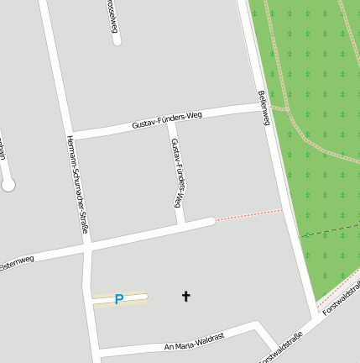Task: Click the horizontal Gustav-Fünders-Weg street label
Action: [167, 120]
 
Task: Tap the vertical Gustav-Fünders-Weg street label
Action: [176, 173]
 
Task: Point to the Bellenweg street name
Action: [263, 108]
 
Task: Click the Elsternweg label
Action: [16, 262]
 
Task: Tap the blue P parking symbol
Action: [118, 298]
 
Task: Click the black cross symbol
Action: [185, 296]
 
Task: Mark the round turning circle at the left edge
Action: [8, 185]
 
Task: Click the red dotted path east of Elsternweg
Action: [248, 215]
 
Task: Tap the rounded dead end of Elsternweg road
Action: [209, 223]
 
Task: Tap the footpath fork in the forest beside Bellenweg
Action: [287, 108]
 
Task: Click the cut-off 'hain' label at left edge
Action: [3, 150]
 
